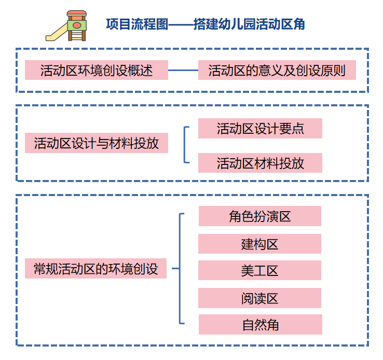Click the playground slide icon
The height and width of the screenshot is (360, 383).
click(x=67, y=26)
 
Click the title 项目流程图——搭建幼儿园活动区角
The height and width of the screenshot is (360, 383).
click(x=205, y=24)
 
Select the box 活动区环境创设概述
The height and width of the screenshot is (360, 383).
click(x=97, y=70)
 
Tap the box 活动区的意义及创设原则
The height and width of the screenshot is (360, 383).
click(x=277, y=70)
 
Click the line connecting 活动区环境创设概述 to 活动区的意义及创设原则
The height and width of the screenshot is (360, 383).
click(x=183, y=70)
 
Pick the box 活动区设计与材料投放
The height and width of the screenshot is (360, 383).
click(x=97, y=143)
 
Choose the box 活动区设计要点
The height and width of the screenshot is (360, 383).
click(x=260, y=129)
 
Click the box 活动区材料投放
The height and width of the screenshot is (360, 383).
click(x=260, y=163)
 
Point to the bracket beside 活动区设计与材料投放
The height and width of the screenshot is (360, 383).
click(x=185, y=144)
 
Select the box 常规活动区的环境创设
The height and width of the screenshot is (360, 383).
click(x=96, y=269)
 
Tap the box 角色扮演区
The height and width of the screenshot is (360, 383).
click(x=260, y=216)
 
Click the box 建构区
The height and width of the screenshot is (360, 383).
click(x=260, y=244)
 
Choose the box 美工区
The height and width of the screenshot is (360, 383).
click(x=260, y=270)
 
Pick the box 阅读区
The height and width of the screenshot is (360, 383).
click(x=260, y=298)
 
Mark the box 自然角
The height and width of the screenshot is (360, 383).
click(x=260, y=325)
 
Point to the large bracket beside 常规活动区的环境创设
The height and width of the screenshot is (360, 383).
click(x=180, y=269)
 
